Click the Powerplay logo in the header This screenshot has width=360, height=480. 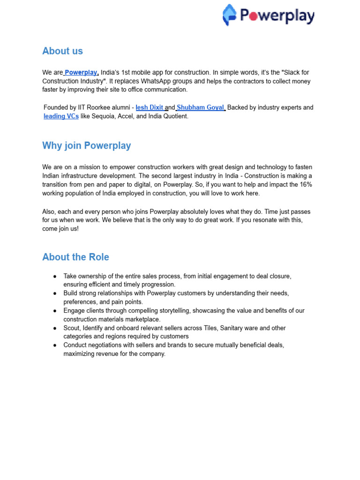pos(268,15)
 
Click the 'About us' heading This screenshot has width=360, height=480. pos(62,51)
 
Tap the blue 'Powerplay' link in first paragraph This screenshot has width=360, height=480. pos(81,73)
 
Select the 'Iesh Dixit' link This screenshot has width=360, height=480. pos(150,107)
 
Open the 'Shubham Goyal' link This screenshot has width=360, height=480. pos(201,107)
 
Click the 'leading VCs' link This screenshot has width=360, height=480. pos(61,116)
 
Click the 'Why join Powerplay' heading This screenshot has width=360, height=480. pos(86,145)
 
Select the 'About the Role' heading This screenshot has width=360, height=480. pos(75,257)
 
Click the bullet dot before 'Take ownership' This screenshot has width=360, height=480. pos(55,277)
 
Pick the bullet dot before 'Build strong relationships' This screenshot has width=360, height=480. pos(55,293)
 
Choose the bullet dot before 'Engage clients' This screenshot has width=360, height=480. pos(55,311)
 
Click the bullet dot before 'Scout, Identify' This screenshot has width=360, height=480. pos(55,328)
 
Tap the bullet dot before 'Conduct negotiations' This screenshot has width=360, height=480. pos(55,345)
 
